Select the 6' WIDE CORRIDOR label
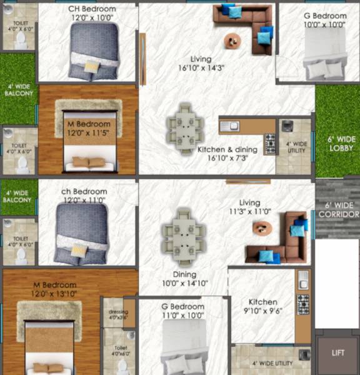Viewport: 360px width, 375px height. (337, 209)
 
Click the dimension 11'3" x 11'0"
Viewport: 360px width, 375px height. (250, 212)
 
